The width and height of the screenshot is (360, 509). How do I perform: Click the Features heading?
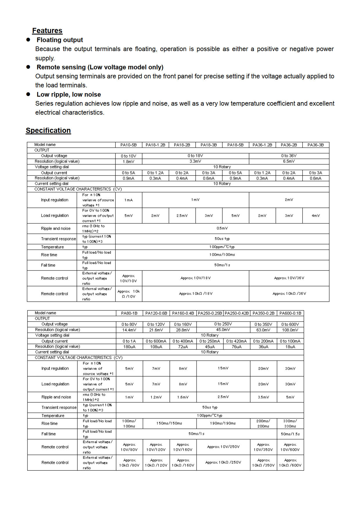click(x=47, y=31)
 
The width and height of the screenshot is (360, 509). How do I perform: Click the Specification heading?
click(x=48, y=131)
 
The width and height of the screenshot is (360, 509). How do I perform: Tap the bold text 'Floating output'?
click(x=60, y=40)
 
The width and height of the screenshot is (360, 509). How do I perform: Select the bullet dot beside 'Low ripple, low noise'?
click(x=28, y=94)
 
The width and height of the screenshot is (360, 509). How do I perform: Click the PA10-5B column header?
click(x=129, y=145)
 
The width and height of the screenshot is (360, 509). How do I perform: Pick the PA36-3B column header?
click(x=316, y=145)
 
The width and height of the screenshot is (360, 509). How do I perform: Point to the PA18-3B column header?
click(x=209, y=145)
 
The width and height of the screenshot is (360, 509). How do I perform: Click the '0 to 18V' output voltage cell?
click(x=195, y=156)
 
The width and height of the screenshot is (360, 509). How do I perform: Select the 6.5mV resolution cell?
click(x=289, y=161)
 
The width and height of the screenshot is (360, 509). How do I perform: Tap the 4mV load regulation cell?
click(x=316, y=216)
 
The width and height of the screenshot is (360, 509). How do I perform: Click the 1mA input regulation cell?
click(x=129, y=200)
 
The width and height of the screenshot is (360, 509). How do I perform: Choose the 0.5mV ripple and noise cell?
click(x=222, y=228)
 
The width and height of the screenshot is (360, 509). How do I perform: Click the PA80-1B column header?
click(x=129, y=313)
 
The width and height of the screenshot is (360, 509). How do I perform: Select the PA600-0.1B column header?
click(x=290, y=313)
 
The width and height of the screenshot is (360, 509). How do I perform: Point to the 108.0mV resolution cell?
click(x=290, y=330)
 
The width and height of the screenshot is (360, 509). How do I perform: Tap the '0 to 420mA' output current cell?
click(x=236, y=341)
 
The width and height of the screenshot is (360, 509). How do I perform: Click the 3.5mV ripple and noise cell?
click(x=263, y=397)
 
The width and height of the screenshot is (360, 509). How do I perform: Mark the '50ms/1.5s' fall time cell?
click(x=290, y=434)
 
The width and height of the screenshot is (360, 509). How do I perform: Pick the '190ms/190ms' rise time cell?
click(x=223, y=423)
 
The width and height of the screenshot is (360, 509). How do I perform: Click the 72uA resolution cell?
click(x=183, y=347)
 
